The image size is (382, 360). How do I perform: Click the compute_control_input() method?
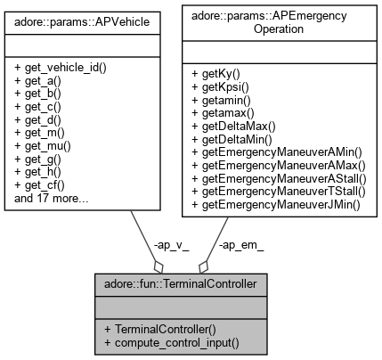click(x=174, y=343)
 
